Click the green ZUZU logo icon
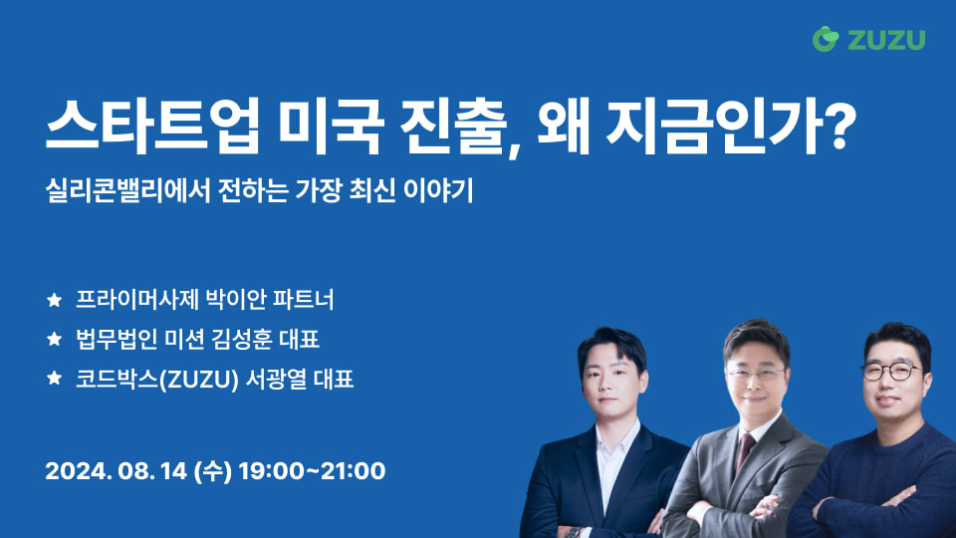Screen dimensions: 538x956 tap(827, 39)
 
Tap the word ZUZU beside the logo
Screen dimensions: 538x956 tap(887, 40)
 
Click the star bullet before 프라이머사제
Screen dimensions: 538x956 tap(54, 299)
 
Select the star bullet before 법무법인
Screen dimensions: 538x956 tap(54, 340)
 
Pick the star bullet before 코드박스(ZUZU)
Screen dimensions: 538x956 tap(54, 380)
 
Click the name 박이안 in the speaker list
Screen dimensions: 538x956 tap(231, 299)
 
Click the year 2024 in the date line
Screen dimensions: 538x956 tap(75, 470)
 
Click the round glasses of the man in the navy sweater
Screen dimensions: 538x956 tap(889, 372)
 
